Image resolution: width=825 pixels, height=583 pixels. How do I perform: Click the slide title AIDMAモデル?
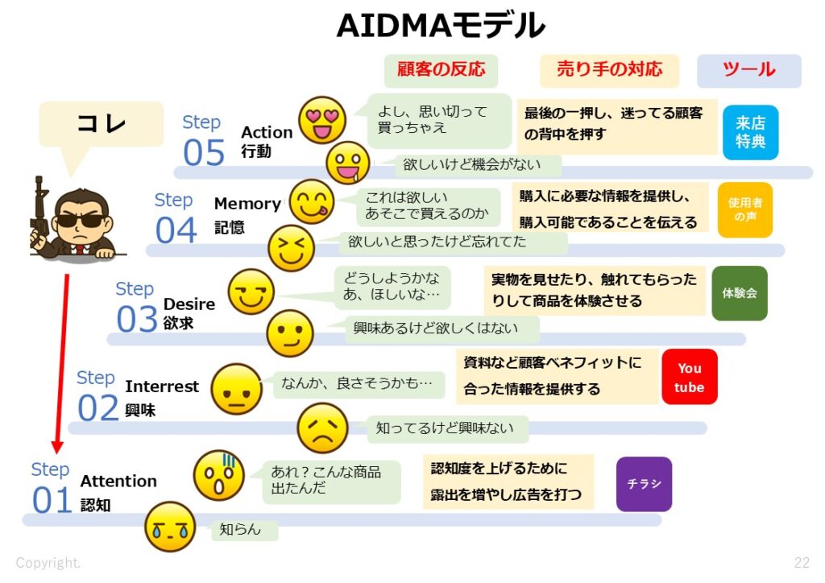pyautogui.click(x=440, y=27)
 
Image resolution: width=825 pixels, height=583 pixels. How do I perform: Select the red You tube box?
pyautogui.click(x=689, y=378)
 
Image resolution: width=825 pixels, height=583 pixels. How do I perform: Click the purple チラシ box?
pyautogui.click(x=644, y=484)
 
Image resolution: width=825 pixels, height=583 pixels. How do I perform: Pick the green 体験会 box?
pyautogui.click(x=740, y=294)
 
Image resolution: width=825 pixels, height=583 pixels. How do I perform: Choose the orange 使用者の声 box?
pyautogui.click(x=744, y=209)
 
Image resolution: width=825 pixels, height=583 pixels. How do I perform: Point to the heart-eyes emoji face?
pyautogui.click(x=322, y=120)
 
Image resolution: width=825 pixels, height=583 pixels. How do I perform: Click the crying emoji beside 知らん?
pyautogui.click(x=171, y=527)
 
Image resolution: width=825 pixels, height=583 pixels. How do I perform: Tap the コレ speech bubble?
pyautogui.click(x=101, y=124)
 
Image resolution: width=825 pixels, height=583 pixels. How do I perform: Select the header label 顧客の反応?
pyautogui.click(x=441, y=70)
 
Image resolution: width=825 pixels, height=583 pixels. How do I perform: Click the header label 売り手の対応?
pyautogui.click(x=609, y=70)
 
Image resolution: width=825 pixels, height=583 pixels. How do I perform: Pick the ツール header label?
pyautogui.click(x=748, y=70)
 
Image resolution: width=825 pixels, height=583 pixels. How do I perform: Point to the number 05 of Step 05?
pyautogui.click(x=204, y=153)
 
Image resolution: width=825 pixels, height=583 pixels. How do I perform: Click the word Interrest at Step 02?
pyautogui.click(x=162, y=387)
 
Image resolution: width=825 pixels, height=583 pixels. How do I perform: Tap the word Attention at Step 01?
pyautogui.click(x=118, y=481)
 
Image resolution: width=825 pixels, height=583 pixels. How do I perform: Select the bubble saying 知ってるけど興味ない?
pyautogui.click(x=444, y=428)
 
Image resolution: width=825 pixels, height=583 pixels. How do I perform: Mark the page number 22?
pyautogui.click(x=802, y=562)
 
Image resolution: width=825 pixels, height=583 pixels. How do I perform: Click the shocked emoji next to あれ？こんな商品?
pyautogui.click(x=218, y=476)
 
